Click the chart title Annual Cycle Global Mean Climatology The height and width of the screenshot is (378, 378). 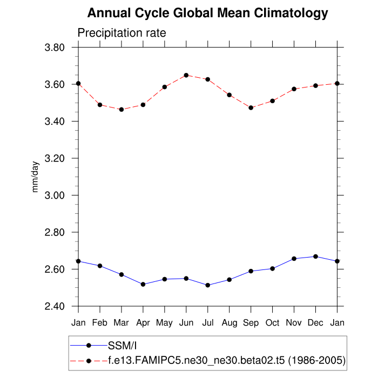click(x=207, y=13)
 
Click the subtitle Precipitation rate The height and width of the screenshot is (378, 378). click(x=122, y=33)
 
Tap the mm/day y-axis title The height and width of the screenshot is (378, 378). click(x=36, y=177)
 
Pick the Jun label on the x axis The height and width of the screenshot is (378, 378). click(x=186, y=323)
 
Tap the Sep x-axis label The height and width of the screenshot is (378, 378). click(x=251, y=323)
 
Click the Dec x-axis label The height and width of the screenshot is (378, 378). click(x=316, y=323)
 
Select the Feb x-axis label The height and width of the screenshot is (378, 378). click(x=100, y=323)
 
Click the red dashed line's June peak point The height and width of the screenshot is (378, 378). click(x=186, y=75)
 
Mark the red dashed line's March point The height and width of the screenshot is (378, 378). click(x=122, y=110)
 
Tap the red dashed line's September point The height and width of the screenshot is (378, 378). click(x=251, y=107)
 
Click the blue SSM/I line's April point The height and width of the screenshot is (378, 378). click(x=143, y=284)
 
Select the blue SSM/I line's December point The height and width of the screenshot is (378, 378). click(x=316, y=256)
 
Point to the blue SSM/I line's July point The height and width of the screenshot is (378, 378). click(x=208, y=285)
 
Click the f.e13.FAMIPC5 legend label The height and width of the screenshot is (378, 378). click(x=227, y=359)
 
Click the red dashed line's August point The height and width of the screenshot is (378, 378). click(x=230, y=95)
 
